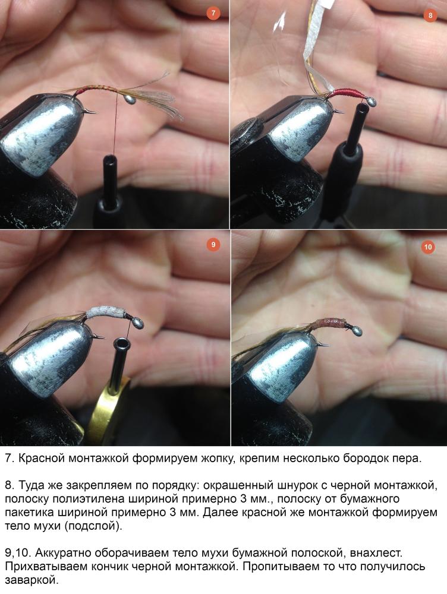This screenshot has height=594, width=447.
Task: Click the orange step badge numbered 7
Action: (213, 13)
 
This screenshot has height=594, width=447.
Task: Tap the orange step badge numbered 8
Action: (430, 15)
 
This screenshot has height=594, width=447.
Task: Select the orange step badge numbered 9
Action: (213, 245)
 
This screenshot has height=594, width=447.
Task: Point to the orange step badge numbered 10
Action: (428, 247)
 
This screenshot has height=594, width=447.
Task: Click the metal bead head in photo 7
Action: (130, 99)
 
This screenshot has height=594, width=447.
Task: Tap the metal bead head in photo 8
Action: (371, 102)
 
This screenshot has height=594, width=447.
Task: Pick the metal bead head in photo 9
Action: (137, 324)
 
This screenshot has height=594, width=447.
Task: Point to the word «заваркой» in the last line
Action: (32, 580)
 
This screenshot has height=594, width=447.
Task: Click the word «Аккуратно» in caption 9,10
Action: (62, 553)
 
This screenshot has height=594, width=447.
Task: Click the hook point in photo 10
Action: (326, 345)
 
